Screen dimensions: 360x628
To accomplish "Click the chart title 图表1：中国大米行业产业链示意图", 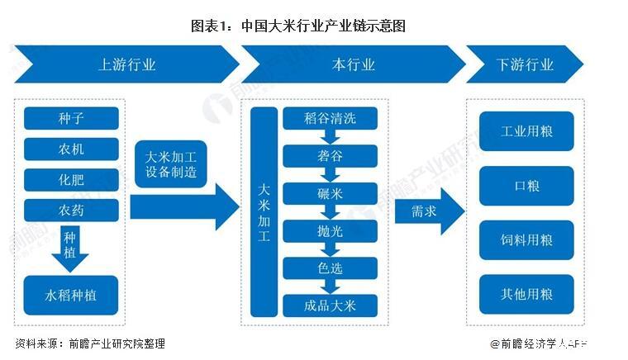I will coord(313,26).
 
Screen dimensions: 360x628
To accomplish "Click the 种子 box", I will coord(71,118).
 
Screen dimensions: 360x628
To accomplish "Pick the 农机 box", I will coord(71,149).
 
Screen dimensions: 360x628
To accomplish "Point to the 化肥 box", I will coord(71,179).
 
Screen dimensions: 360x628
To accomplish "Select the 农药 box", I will coord(71,210).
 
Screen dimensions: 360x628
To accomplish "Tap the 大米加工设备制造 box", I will coord(170,164).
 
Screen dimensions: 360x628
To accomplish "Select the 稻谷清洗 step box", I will coord(330,118).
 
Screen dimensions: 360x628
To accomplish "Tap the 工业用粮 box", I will coord(526,132).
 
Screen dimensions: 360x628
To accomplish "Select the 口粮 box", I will coord(526,186).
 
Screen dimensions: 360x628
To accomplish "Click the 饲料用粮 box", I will coord(526,240).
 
